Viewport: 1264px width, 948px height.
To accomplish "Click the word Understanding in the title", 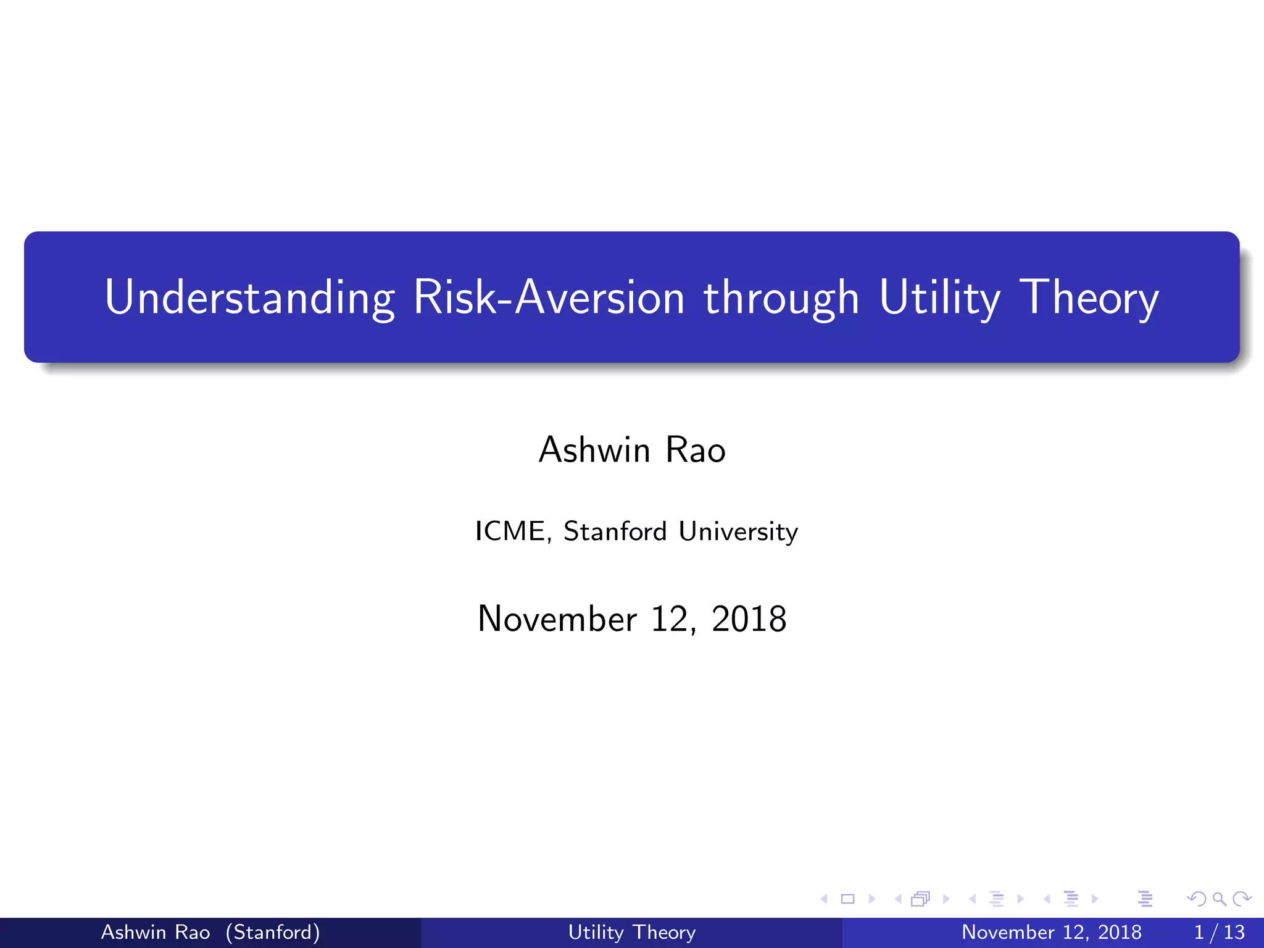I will (x=249, y=297).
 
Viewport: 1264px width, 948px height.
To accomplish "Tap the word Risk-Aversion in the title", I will (x=549, y=297).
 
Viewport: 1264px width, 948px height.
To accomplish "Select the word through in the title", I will (x=781, y=297).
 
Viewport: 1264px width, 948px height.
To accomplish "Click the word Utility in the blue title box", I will (x=939, y=297).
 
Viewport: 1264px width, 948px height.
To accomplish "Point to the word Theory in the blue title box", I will (x=1089, y=297).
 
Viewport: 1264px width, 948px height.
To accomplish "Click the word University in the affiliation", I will (x=738, y=531).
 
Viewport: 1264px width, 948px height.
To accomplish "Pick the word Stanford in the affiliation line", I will (x=615, y=531).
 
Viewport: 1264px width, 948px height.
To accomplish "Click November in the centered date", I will (x=557, y=618).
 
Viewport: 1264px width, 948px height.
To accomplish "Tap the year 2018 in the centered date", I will (x=749, y=618).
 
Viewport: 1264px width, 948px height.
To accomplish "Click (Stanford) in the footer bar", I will (x=273, y=932).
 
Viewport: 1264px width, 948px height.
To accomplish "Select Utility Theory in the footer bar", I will (x=631, y=932).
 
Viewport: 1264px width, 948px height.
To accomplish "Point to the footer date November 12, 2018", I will (x=1051, y=932).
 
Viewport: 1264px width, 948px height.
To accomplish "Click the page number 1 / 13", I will (x=1219, y=932).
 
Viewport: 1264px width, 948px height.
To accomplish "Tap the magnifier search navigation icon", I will (x=1220, y=899).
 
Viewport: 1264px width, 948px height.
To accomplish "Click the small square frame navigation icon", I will (x=848, y=899).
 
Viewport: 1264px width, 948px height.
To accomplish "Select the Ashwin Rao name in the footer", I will (x=156, y=932).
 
